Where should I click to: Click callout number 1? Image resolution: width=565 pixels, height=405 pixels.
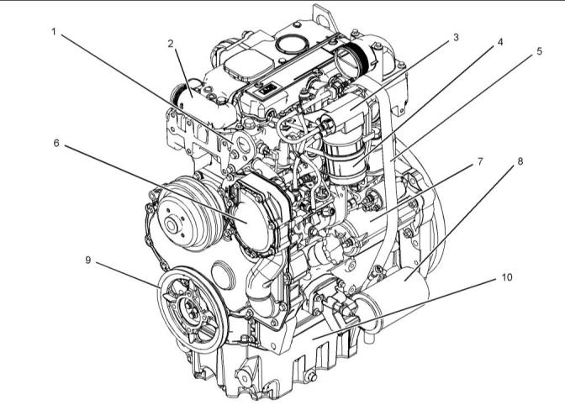(x=54, y=32)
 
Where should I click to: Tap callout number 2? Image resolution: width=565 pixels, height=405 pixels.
(x=171, y=44)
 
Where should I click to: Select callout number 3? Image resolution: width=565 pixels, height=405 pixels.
(x=456, y=37)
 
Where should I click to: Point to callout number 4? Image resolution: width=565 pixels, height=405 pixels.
(x=500, y=42)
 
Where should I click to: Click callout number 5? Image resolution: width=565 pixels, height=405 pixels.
(x=539, y=51)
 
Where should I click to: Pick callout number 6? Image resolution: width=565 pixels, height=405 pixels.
(x=56, y=143)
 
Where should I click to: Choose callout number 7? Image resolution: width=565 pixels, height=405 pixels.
(x=480, y=161)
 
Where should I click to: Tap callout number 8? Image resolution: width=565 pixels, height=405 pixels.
(x=520, y=161)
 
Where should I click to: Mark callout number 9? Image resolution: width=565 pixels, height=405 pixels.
(x=88, y=260)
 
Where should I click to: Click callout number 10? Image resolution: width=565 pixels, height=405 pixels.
(x=507, y=277)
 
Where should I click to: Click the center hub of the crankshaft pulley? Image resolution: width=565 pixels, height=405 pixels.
(x=190, y=310)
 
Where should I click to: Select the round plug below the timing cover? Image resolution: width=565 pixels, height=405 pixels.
(x=224, y=276)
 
